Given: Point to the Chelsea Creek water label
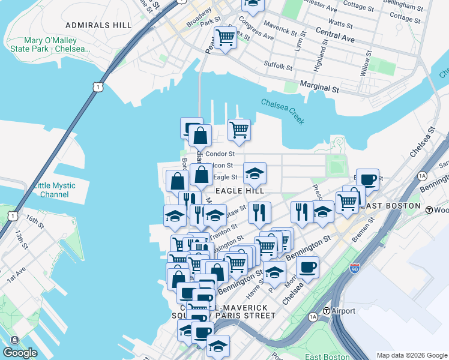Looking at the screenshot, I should pyautogui.click(x=283, y=112).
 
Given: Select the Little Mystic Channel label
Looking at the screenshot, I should pyautogui.click(x=51, y=190).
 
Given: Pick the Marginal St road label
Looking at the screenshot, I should pyautogui.click(x=319, y=88).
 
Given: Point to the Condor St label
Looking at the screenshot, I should pyautogui.click(x=220, y=154).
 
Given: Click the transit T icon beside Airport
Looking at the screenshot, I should pyautogui.click(x=327, y=311).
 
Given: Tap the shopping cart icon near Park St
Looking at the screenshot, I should pyautogui.click(x=225, y=37).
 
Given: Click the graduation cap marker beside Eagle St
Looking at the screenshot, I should pyautogui.click(x=255, y=173).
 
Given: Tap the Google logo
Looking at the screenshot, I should pyautogui.click(x=20, y=353).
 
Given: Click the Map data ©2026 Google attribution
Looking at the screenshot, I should pyautogui.click(x=411, y=355).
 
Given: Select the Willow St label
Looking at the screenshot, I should pyautogui.click(x=366, y=65).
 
